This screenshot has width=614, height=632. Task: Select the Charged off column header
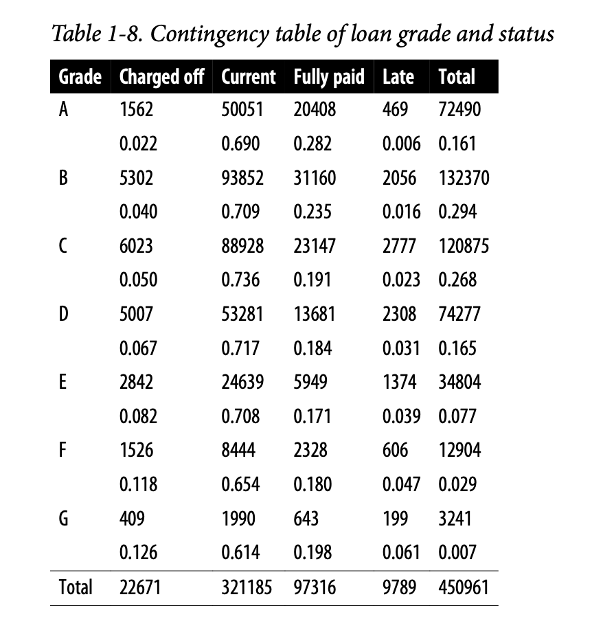pos(161,76)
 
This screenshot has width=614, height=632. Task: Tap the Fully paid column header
pos(329,76)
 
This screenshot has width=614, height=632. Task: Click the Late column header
pos(398,76)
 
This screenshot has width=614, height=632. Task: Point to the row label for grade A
pos(63,110)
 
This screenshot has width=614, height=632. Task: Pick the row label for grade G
pos(64,519)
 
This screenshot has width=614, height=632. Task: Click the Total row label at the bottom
pos(76,587)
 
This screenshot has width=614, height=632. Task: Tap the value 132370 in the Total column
pos(464,178)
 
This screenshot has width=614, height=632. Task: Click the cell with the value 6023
pos(137,246)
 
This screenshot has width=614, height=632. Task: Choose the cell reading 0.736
pos(240,280)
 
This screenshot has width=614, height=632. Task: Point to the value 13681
pos(315,314)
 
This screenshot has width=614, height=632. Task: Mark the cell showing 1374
pos(399,382)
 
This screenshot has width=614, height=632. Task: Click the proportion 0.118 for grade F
pos(138,484)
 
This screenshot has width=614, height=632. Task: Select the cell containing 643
pos(306,519)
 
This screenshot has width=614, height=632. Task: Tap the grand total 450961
pos(464,587)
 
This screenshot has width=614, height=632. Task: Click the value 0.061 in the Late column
pos(401,552)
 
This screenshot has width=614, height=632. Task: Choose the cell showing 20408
pos(315,110)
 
